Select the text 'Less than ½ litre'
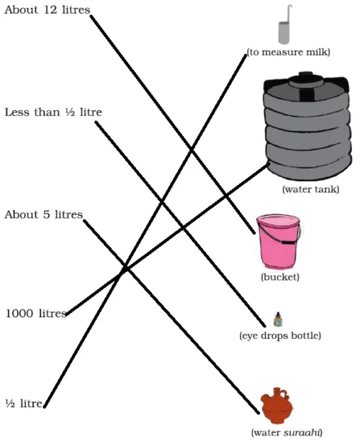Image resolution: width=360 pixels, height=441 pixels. (x=53, y=113)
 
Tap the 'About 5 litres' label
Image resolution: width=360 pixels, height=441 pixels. (x=43, y=215)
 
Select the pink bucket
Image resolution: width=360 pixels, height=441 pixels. (x=279, y=243)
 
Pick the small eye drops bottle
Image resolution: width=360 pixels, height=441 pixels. (x=278, y=319)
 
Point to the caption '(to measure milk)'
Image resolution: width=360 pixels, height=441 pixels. (x=288, y=52)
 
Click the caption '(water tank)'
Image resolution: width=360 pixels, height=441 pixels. (x=307, y=190)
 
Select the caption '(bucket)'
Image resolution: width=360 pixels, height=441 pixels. (x=279, y=277)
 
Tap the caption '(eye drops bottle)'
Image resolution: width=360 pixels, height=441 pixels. (x=279, y=336)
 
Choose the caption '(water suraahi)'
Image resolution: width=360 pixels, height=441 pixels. (x=287, y=432)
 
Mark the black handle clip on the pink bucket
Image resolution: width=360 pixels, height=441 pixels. (x=287, y=243)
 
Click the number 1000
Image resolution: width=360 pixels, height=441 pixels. (x=19, y=314)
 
